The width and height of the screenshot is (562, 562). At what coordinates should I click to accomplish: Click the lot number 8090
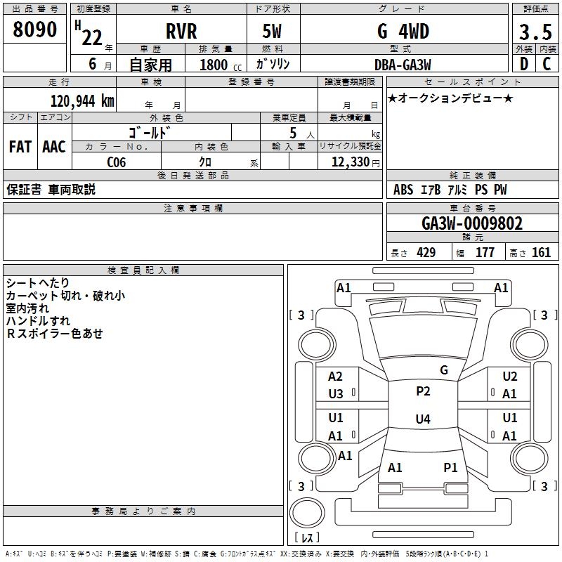(x=34, y=30)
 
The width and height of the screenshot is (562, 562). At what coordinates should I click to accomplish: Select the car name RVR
(x=181, y=31)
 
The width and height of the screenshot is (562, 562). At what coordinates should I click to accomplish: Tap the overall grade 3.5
(x=535, y=32)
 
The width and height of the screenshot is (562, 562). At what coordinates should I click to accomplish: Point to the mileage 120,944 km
(x=82, y=100)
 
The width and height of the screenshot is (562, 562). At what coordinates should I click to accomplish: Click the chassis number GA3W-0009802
(x=472, y=223)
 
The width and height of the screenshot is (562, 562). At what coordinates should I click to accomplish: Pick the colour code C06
(x=117, y=162)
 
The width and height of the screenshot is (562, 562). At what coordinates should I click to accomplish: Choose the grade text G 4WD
(x=403, y=31)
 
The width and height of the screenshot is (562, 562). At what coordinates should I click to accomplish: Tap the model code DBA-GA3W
(x=403, y=65)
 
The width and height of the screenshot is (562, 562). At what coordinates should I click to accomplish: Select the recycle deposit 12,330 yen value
(x=355, y=162)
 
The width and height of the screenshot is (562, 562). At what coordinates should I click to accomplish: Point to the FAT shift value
(x=20, y=147)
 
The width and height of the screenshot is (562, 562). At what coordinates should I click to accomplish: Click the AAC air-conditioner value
(x=54, y=147)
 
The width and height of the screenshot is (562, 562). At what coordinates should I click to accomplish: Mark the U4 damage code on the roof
(x=423, y=419)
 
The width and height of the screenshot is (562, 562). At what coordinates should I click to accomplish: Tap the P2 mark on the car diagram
(x=423, y=391)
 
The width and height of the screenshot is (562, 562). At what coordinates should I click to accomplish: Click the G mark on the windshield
(x=444, y=370)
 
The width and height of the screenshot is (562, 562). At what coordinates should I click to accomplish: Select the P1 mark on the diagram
(x=450, y=467)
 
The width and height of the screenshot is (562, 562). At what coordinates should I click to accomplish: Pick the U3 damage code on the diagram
(x=336, y=394)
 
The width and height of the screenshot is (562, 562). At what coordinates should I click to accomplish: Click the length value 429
(x=426, y=252)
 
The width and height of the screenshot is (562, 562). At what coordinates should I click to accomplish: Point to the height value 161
(x=541, y=252)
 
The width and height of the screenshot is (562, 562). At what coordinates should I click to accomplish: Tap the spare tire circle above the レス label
(x=307, y=513)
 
